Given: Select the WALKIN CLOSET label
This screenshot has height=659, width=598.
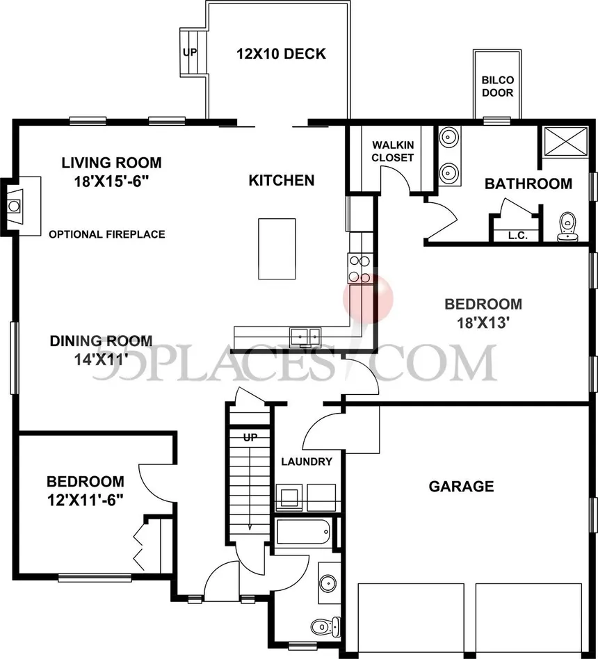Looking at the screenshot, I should [392, 151].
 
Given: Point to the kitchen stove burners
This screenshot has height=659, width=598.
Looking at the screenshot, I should [359, 269].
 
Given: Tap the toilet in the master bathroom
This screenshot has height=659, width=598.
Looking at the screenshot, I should [569, 227].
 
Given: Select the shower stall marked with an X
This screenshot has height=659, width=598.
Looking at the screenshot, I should [564, 142].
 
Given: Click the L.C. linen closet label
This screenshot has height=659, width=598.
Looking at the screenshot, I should [517, 236].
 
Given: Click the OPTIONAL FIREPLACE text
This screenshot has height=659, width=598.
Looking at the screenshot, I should [107, 234].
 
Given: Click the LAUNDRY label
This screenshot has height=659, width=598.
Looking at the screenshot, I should [306, 462].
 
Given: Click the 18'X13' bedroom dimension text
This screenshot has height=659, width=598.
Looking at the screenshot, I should [483, 322].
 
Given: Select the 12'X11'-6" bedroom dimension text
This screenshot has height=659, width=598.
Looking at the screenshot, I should [85, 500].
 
